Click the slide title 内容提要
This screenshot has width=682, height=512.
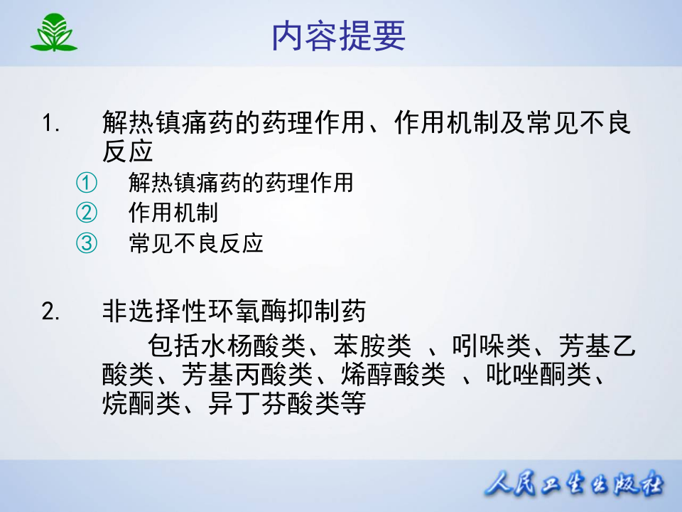tap(338, 36)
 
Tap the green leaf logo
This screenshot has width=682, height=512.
tap(54, 33)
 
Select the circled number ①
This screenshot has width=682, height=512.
tap(85, 183)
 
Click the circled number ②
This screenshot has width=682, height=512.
tap(85, 213)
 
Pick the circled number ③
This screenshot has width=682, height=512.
tap(85, 244)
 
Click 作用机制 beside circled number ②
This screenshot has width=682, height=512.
tap(173, 213)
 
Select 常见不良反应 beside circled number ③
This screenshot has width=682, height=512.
tap(196, 244)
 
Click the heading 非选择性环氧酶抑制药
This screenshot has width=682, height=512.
tap(234, 311)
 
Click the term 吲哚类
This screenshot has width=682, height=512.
tap(491, 346)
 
